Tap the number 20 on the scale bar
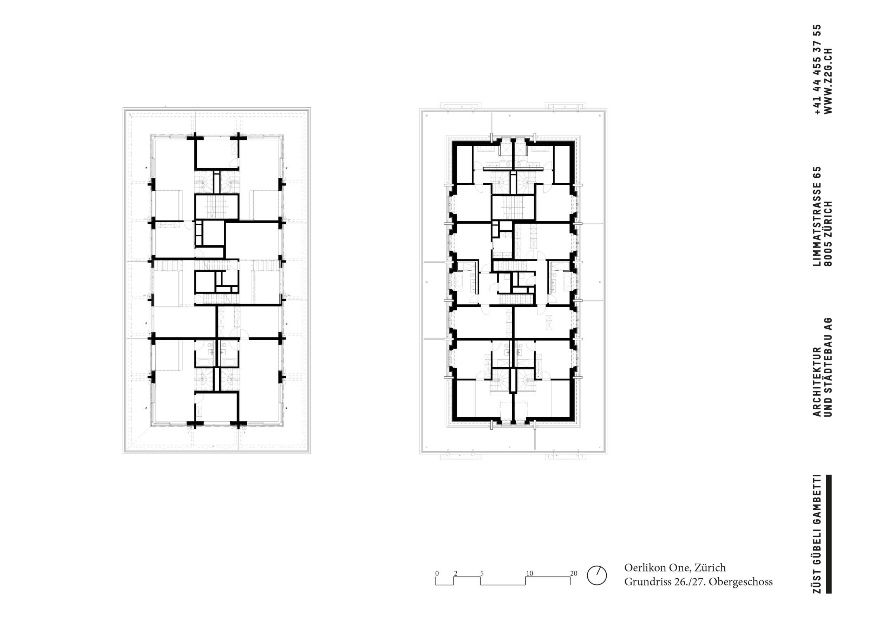pos(574,573)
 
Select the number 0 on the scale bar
pos(437,573)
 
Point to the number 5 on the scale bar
pos(482,573)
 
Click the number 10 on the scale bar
pos(529,573)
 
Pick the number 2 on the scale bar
pos(455,573)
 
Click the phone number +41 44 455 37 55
pos(817,69)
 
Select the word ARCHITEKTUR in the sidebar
pos(817,381)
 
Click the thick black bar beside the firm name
pos(829,534)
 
